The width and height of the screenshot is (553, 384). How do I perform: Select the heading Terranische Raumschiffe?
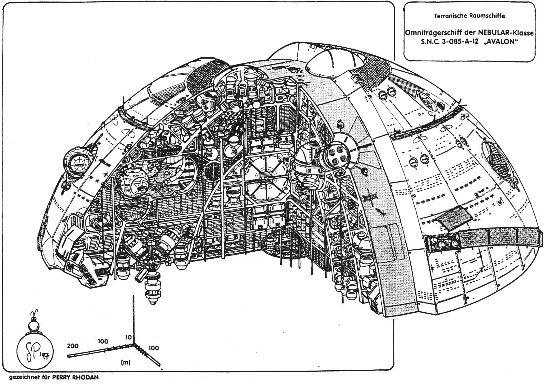tap(470, 15)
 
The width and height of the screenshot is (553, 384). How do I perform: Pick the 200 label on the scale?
tap(73, 346)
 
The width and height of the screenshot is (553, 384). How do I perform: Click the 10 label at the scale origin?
tap(128, 337)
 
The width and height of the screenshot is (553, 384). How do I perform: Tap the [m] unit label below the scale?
tap(125, 362)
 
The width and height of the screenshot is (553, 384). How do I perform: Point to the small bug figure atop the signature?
tap(34, 323)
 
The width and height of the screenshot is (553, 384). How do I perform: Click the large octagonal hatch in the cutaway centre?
tap(265, 178)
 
